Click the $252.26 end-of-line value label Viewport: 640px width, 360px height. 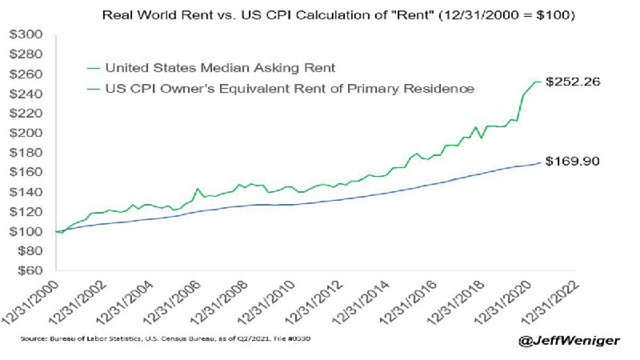coord(573,82)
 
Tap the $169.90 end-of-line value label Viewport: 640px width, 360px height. coord(573,162)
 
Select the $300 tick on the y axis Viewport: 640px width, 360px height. coord(26,34)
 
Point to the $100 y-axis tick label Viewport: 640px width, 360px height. coord(26,231)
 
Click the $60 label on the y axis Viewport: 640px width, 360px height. coord(30,270)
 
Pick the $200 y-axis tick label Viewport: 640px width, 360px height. coord(26,133)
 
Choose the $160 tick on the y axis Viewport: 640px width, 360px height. coord(26,172)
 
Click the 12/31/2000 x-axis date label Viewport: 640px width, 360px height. coord(31,303)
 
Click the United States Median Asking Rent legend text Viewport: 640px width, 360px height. coord(221,68)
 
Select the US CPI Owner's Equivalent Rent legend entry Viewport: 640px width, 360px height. coord(290,89)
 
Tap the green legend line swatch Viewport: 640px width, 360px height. coord(94,68)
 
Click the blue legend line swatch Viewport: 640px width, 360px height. coord(94,89)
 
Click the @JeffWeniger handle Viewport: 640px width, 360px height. coord(569,340)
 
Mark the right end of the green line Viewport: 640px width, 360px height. coord(542,82)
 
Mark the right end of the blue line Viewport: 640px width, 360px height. coord(542,162)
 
